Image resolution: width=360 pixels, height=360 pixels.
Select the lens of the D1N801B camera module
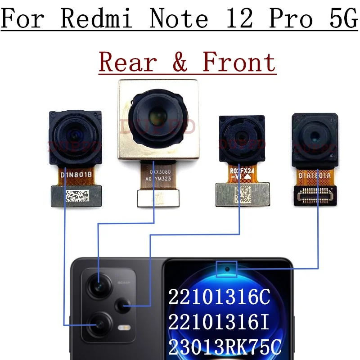(x=75, y=134)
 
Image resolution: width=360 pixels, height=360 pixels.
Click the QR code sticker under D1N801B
(x=75, y=196)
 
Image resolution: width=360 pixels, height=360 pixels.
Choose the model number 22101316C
(x=219, y=297)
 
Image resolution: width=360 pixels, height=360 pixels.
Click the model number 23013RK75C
(x=225, y=347)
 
